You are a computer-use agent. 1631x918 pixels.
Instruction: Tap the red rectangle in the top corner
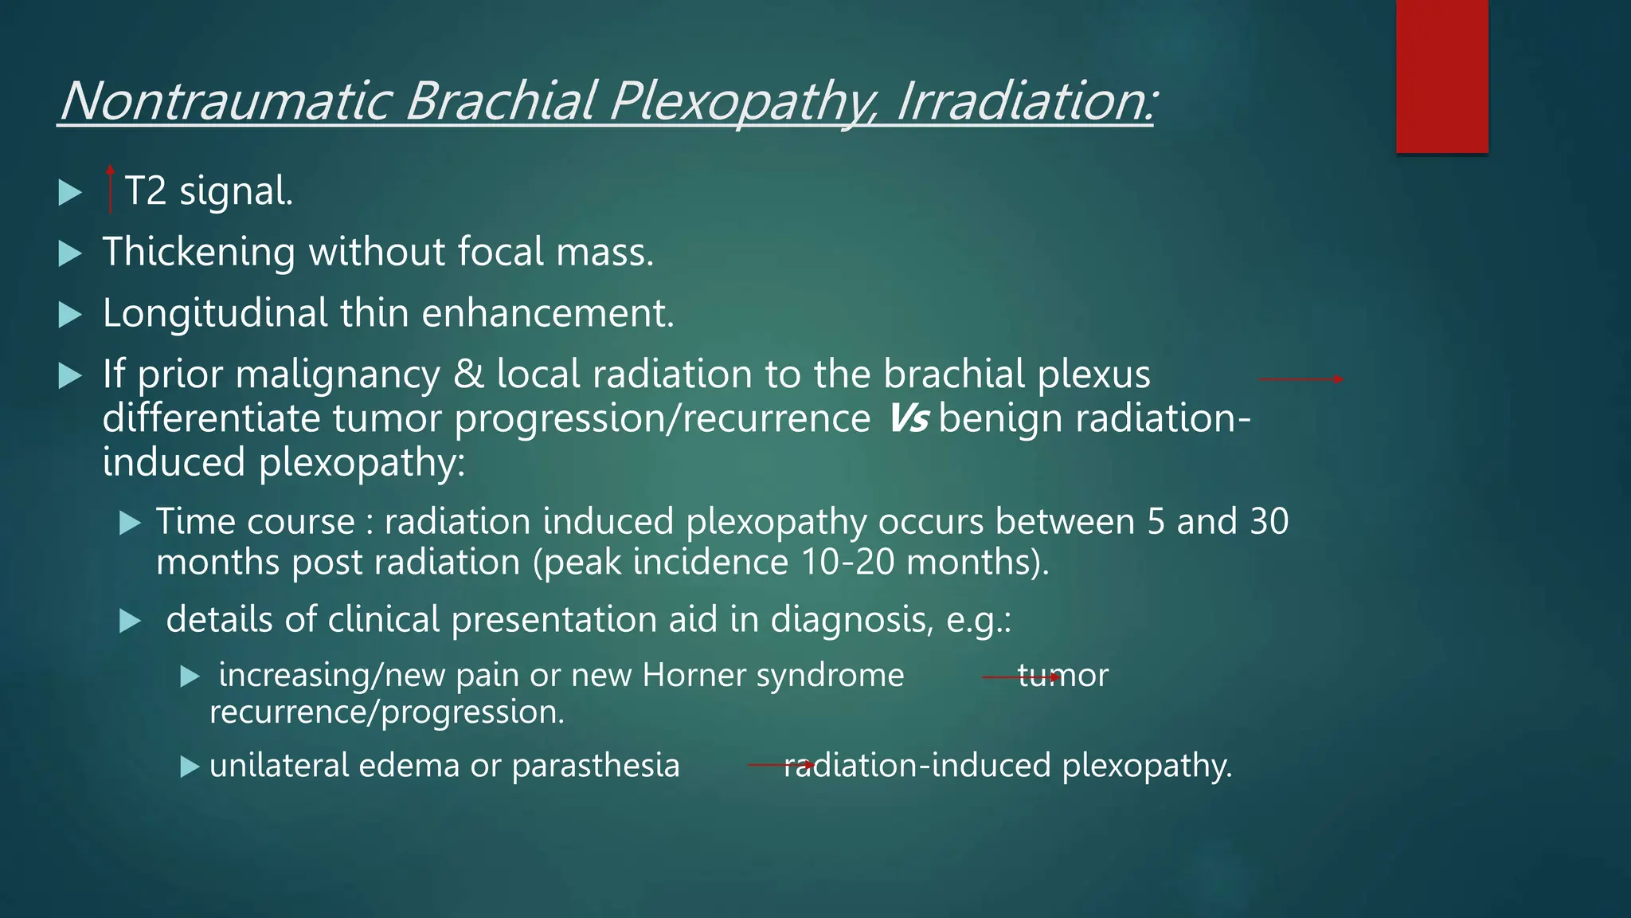(x=1441, y=76)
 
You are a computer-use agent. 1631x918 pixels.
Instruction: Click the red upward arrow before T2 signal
(x=110, y=190)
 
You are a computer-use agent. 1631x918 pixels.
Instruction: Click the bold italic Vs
(x=907, y=418)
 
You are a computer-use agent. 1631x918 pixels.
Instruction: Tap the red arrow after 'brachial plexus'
(x=1300, y=379)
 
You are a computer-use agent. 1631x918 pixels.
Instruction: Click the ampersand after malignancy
(x=468, y=375)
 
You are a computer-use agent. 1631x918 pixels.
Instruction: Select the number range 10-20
(x=847, y=563)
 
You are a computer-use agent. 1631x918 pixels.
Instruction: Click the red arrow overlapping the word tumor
(x=1021, y=677)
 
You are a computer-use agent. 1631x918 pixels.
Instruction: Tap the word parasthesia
(x=595, y=766)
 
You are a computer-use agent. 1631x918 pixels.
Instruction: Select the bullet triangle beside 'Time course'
(x=130, y=524)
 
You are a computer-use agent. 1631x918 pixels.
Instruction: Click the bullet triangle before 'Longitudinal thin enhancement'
(x=71, y=316)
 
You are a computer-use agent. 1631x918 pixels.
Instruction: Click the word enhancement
(x=547, y=313)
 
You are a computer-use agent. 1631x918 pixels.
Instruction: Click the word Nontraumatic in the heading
(x=225, y=102)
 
